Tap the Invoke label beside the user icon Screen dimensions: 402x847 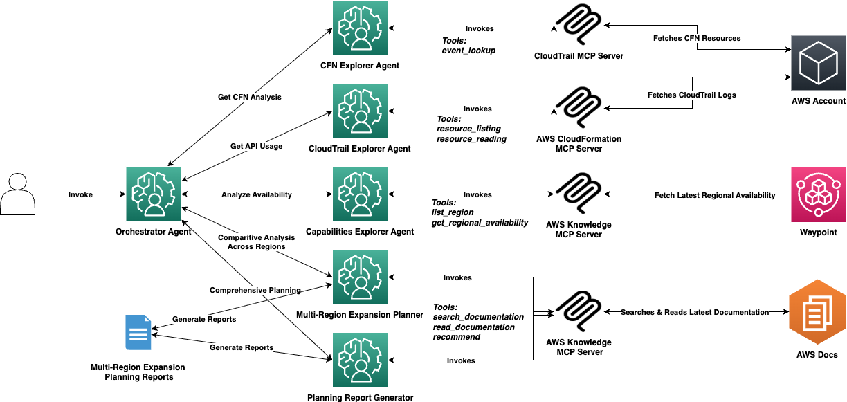click(x=80, y=195)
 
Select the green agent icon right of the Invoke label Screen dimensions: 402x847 click(x=153, y=194)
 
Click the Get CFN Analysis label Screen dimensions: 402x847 click(x=249, y=98)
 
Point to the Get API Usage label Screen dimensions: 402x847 click(x=256, y=147)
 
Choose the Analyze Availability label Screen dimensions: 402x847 click(x=256, y=195)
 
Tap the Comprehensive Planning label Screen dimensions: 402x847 click(x=256, y=291)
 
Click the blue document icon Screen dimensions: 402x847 click(x=138, y=333)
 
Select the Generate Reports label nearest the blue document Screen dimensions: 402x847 click(x=204, y=320)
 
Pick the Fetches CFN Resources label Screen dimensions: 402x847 click(x=697, y=39)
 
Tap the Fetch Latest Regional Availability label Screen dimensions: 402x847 click(x=715, y=196)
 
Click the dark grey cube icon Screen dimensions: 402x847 click(x=819, y=64)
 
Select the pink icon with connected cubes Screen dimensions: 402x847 click(x=819, y=194)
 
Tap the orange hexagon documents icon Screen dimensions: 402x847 click(x=817, y=312)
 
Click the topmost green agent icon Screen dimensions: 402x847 click(x=360, y=28)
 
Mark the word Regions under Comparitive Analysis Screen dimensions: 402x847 click(x=271, y=247)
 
